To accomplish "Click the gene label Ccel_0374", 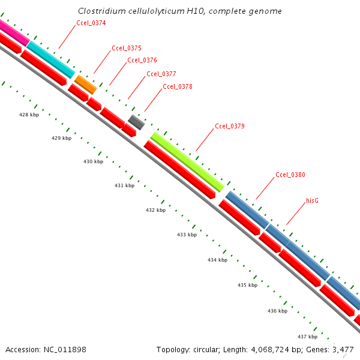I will [91, 23].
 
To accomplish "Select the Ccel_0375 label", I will [127, 48].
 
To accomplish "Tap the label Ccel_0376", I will [142, 60].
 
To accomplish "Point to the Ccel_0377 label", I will [161, 74].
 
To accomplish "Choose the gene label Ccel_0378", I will [178, 86].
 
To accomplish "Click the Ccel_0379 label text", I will [230, 127].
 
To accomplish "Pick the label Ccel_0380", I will [290, 175].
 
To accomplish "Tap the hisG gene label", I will [312, 200].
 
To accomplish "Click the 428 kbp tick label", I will [29, 115].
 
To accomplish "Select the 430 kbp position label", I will [93, 162].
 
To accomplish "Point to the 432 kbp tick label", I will [155, 211].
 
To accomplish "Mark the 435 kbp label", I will [247, 285].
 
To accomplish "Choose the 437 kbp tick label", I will [307, 337].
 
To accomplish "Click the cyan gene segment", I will [51, 59].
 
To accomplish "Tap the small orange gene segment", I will [86, 85].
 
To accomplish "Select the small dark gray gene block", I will [136, 122].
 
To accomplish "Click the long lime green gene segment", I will [187, 161].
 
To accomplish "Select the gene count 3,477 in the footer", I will [344, 349].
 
